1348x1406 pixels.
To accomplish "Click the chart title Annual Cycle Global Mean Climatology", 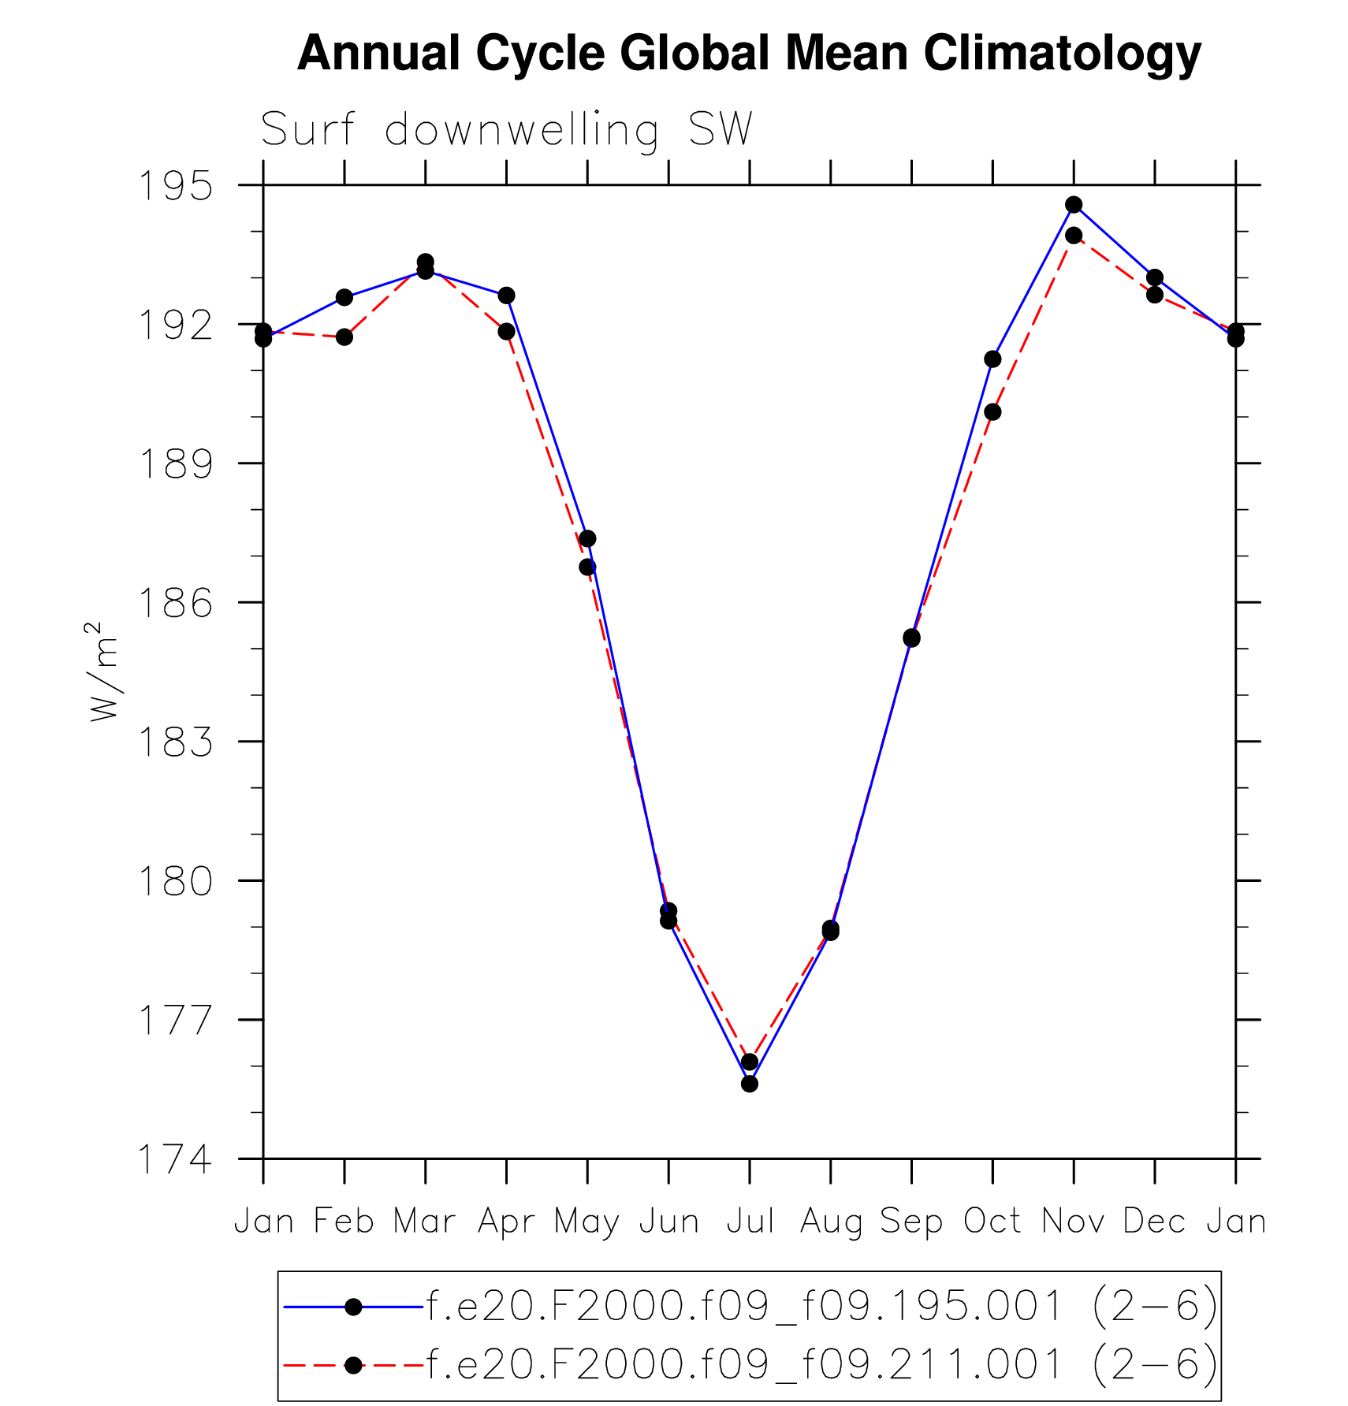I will pos(749,54).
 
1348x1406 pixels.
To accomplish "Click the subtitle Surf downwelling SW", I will pos(506,129).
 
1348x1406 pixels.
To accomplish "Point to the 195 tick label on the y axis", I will pos(175,186).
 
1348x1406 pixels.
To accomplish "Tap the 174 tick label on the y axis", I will pos(175,1159).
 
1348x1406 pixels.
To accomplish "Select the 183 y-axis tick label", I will pos(175,742).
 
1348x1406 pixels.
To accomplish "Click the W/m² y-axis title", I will pos(103,671).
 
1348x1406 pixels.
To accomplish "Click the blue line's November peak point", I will pos(1074,205).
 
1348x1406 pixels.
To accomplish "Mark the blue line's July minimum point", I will pos(750,1084).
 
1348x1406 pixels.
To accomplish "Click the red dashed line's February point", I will pos(344,337).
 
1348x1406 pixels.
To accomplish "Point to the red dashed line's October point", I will pos(992,412).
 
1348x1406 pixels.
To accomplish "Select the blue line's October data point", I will pos(992,359).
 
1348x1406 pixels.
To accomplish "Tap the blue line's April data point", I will pos(506,296).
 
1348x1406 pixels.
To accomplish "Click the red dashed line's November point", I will pos(1074,236).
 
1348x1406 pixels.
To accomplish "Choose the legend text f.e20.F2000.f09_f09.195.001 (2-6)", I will pos(822,1307).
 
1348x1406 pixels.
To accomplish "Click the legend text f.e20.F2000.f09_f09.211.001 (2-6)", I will pos(822,1364).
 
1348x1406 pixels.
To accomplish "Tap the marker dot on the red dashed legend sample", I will pos(354,1365).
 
